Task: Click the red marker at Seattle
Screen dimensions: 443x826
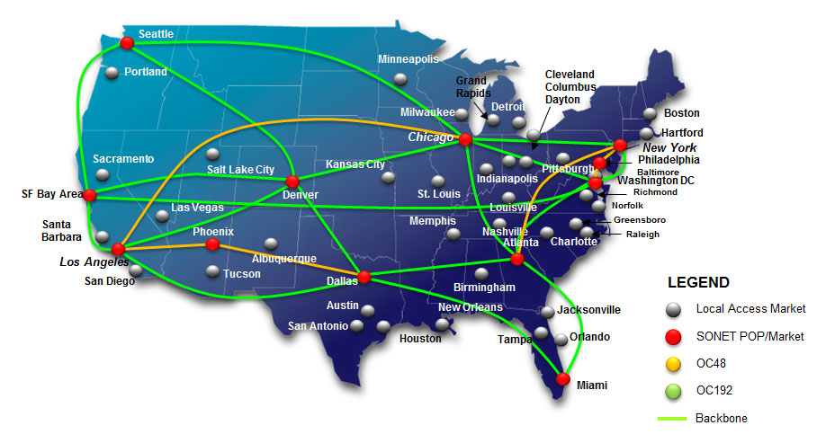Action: [127, 41]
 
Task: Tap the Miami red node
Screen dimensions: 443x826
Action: [563, 379]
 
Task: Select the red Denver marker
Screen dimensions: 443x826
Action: [292, 182]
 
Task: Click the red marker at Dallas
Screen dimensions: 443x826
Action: [364, 277]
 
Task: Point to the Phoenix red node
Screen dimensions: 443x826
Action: [212, 244]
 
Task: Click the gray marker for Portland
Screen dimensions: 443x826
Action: [112, 73]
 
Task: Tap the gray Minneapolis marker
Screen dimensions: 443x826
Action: [400, 79]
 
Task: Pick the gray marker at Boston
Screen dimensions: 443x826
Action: [650, 114]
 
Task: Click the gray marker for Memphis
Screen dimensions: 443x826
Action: [453, 234]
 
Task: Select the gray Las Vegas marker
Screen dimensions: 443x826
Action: [162, 216]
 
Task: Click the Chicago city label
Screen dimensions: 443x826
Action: [431, 137]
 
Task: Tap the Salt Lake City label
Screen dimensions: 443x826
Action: [240, 169]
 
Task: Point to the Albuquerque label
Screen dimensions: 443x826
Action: [283, 259]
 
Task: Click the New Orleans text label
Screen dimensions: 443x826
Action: [470, 307]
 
